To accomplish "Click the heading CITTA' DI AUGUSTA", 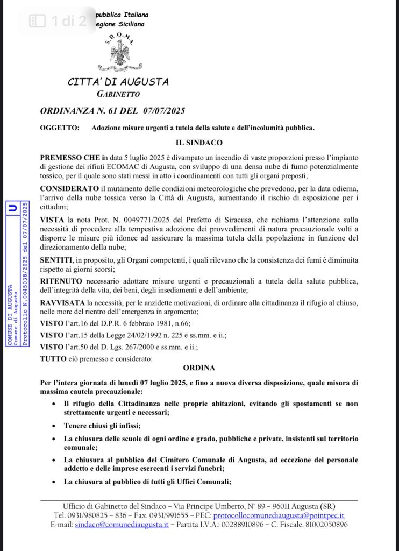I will click(x=118, y=82).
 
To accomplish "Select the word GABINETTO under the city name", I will click(x=118, y=94).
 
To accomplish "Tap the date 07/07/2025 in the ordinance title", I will click(x=164, y=111).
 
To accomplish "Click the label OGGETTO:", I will click(x=57, y=128).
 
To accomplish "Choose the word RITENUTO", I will click(x=60, y=281).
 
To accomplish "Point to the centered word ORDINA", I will click(x=199, y=368).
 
